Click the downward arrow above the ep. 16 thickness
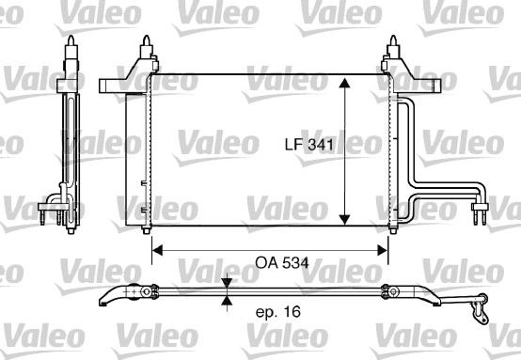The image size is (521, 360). [227, 284]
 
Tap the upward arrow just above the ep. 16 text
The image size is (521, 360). [227, 301]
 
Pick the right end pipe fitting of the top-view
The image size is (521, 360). [481, 305]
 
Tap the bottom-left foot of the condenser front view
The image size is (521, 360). [148, 230]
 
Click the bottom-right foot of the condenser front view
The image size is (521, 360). [390, 230]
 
